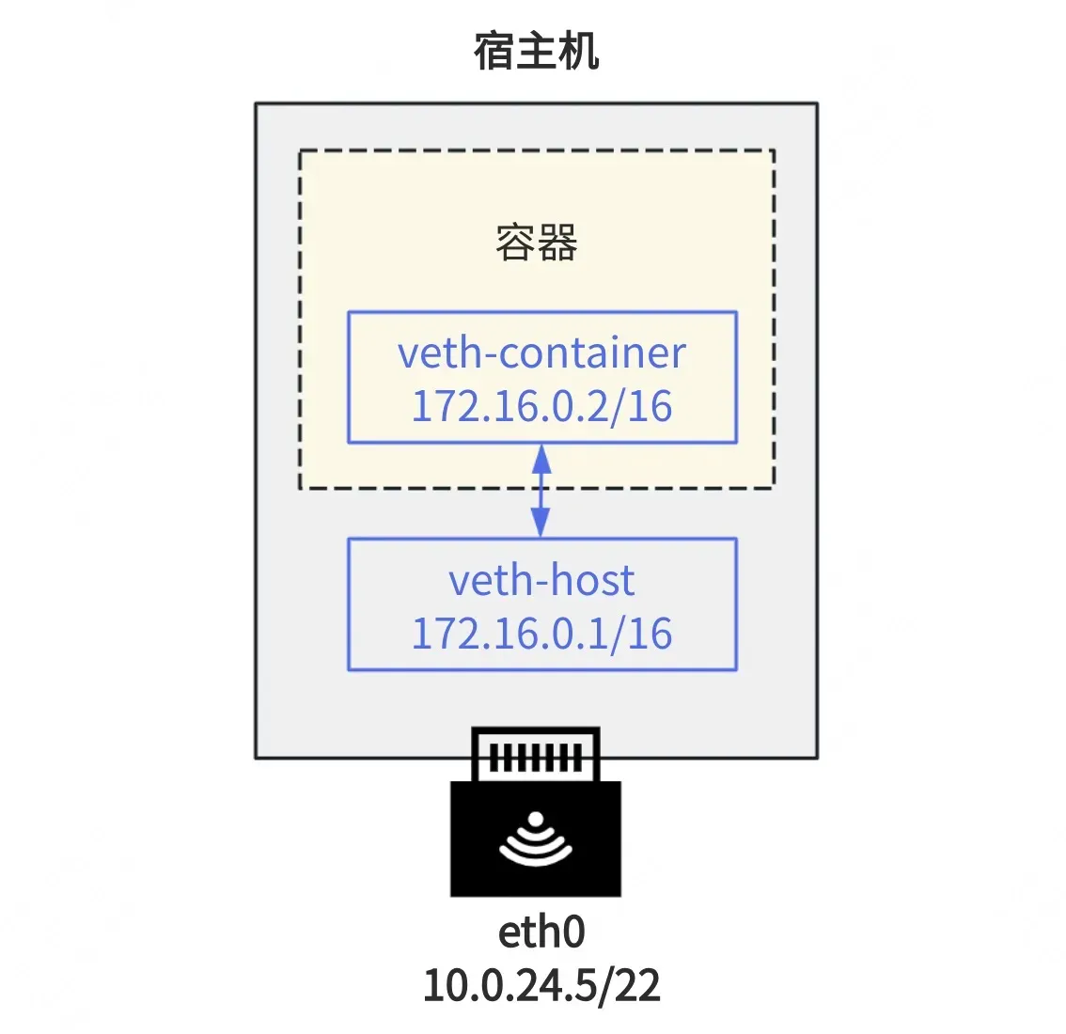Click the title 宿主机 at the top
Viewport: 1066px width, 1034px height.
click(x=536, y=51)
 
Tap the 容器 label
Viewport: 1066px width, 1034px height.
click(x=537, y=243)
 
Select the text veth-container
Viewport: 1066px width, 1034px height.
click(x=541, y=352)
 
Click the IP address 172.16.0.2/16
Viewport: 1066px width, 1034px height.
click(x=541, y=406)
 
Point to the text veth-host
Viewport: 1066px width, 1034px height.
click(x=541, y=580)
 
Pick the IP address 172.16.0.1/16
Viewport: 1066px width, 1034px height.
click(x=541, y=633)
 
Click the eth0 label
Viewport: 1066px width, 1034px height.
click(x=541, y=932)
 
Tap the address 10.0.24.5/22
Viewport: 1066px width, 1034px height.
click(x=541, y=985)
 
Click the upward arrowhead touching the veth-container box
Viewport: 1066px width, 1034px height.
click(x=541, y=459)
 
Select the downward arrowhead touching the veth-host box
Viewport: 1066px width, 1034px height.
click(x=541, y=522)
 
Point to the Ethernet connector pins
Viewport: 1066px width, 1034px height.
click(x=536, y=758)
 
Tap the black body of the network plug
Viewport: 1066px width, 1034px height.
click(x=536, y=838)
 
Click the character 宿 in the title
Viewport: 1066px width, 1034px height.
click(x=494, y=51)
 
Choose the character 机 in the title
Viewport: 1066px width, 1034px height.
click(x=578, y=51)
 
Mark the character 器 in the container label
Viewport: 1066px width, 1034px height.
click(x=558, y=243)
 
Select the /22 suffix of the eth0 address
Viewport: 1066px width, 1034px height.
click(x=629, y=985)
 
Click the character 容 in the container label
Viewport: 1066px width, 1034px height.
click(x=515, y=243)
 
